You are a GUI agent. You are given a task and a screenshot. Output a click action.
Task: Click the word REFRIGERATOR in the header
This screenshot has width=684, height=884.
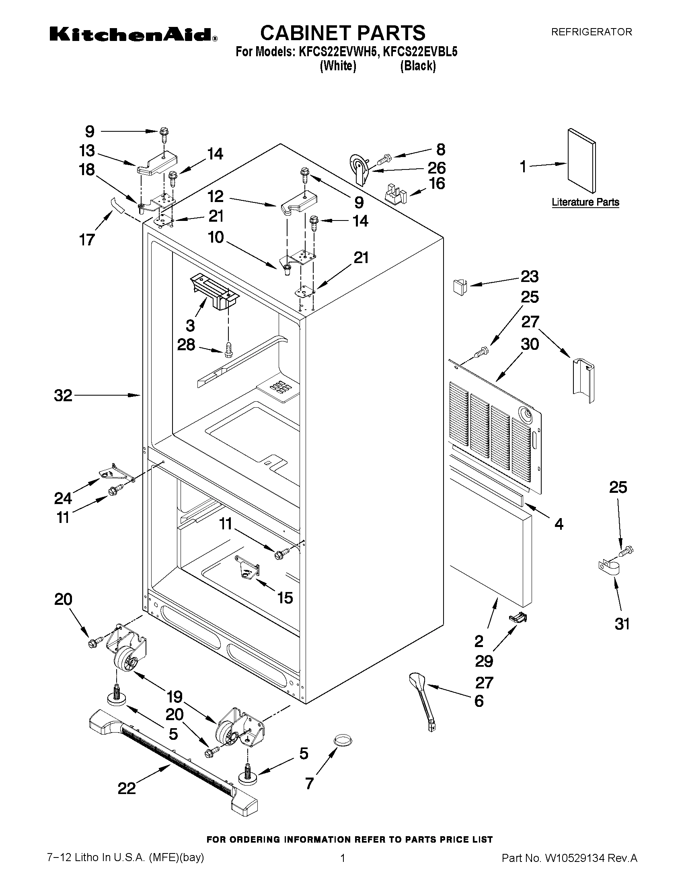coord(591,32)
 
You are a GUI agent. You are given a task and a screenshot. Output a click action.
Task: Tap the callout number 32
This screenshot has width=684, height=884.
coord(63,396)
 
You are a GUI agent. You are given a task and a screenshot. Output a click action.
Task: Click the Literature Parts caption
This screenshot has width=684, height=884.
coord(585,202)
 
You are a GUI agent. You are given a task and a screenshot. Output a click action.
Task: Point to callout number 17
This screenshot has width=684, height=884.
coord(87,240)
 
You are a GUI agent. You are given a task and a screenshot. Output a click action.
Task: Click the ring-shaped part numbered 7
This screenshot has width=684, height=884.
coord(343,740)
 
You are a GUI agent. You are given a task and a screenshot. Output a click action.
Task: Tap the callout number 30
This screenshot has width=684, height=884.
coord(530,345)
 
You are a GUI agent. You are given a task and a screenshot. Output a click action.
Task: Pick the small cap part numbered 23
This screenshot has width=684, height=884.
coord(459,286)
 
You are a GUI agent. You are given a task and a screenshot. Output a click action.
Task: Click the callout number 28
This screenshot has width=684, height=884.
coord(186,345)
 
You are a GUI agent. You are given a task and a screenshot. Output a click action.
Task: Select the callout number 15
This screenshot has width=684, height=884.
coord(285,598)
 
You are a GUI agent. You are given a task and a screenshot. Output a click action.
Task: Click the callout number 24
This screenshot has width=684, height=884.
coord(63,498)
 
